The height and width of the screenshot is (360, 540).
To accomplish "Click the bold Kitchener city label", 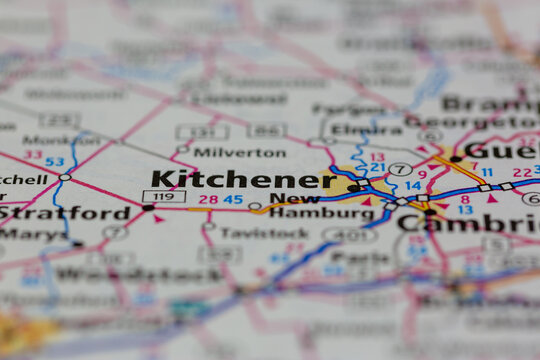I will (243, 180).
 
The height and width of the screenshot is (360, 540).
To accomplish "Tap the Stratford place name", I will (66, 213).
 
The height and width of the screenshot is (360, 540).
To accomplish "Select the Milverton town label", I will (239, 153).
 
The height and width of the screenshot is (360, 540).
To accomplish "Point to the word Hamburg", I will (308, 213).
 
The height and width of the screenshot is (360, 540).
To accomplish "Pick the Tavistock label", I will (257, 233).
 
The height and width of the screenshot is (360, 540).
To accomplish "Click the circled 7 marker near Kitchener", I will (400, 169).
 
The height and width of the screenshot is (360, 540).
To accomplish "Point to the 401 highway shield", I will (349, 234).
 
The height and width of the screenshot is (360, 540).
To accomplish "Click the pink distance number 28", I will (208, 199).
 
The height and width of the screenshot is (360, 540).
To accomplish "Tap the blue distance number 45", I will (233, 199).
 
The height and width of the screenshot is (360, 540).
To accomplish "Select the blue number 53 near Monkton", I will (54, 162).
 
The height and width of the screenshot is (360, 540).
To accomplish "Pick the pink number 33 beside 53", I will (33, 155).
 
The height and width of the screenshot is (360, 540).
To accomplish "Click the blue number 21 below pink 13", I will (377, 167).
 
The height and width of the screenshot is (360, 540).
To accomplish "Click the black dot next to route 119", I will (148, 207).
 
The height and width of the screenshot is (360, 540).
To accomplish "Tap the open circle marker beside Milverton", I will (183, 150).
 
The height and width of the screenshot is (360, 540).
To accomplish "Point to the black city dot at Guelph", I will (456, 159).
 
